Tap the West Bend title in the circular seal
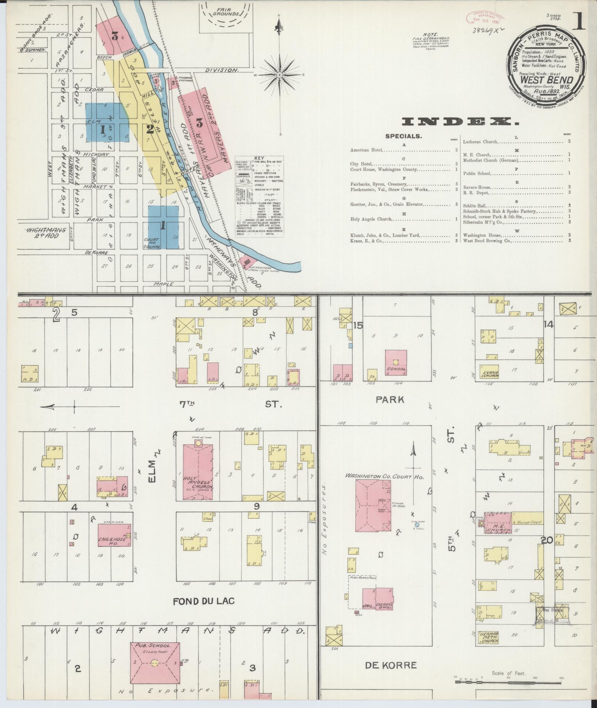pyautogui.click(x=546, y=80)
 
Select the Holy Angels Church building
pyautogui.click(x=198, y=470)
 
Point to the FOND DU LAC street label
pyautogui.click(x=204, y=601)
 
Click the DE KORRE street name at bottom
pyautogui.click(x=390, y=665)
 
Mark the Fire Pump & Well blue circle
pyautogui.click(x=417, y=525)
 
